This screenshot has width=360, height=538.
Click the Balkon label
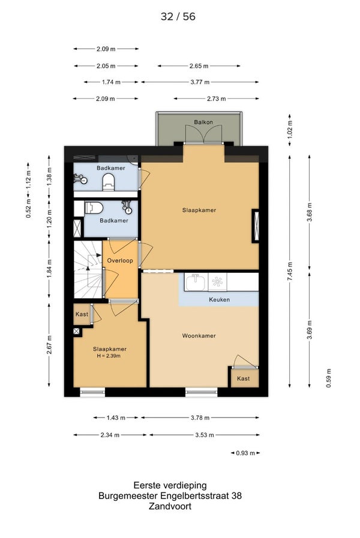203,122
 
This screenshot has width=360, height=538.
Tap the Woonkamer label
199,336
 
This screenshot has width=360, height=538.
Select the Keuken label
219,299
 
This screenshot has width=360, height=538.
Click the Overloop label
120,260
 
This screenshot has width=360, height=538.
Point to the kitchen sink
195,282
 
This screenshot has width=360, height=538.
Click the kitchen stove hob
217,282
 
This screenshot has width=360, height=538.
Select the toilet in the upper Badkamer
109,182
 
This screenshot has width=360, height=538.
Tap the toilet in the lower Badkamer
94,208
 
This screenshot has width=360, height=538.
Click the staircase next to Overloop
88,269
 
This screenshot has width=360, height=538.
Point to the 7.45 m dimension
290,272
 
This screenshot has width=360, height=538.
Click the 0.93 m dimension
245,453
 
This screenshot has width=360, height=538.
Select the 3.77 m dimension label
200,82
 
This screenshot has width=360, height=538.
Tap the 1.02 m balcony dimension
290,127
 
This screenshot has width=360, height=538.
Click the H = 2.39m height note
109,356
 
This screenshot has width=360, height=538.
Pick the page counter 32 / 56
178,16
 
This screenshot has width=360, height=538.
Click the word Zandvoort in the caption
170,506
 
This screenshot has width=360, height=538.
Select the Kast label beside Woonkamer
244,378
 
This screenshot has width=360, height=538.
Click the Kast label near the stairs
82,314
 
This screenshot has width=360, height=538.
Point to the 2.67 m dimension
49,345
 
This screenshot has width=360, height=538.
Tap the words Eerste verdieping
170,485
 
